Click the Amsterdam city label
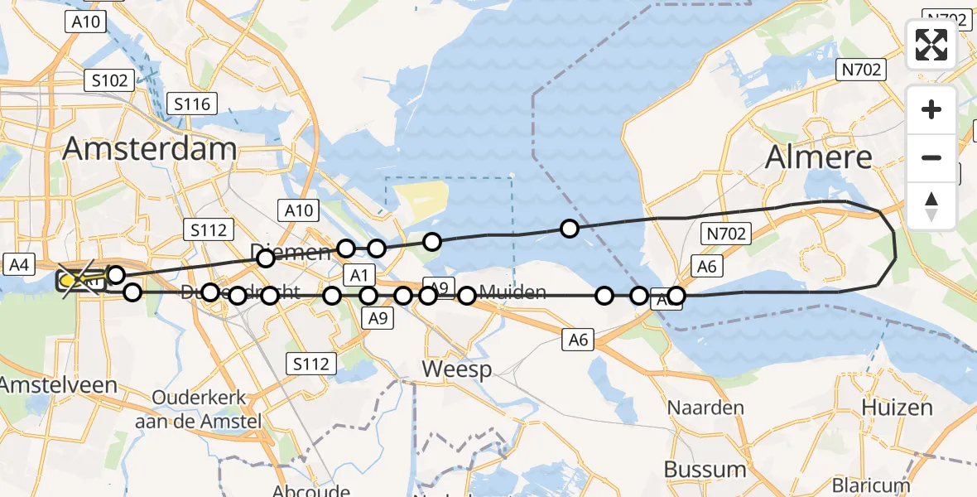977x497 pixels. click(x=149, y=150)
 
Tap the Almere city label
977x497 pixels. click(x=819, y=157)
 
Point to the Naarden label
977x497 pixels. click(x=706, y=408)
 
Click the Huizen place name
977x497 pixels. click(x=897, y=408)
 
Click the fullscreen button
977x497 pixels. click(x=931, y=45)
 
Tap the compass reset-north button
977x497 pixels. click(x=931, y=205)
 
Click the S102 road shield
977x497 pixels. click(x=109, y=81)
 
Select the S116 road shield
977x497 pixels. click(x=192, y=104)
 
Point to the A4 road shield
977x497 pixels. click(x=20, y=265)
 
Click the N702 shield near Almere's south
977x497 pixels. click(x=725, y=234)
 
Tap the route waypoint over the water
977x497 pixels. click(x=569, y=229)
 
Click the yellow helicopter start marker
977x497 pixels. click(x=70, y=282)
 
